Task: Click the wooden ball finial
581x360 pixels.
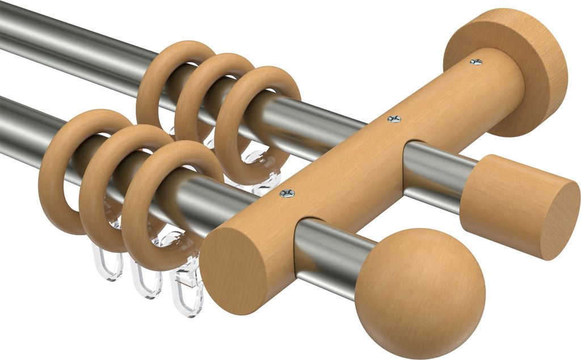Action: (420, 293)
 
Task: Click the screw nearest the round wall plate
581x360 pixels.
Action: (475, 61)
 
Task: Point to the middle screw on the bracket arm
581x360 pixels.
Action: (394, 118)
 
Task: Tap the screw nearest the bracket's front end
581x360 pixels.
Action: (287, 193)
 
